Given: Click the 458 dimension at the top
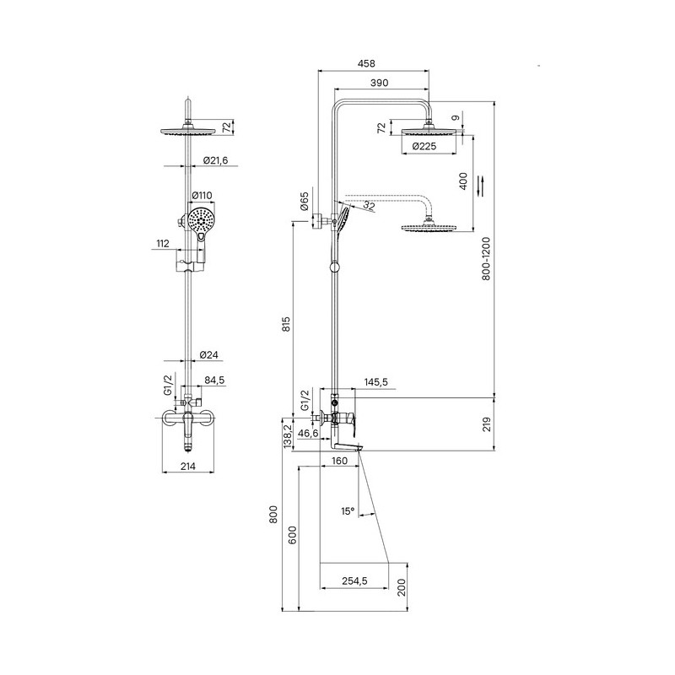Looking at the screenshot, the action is [x=366, y=63].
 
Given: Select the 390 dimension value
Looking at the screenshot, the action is [x=379, y=83].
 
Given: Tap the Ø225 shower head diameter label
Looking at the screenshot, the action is [x=424, y=146].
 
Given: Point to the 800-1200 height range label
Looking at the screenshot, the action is [x=486, y=258].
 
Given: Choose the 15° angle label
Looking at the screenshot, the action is [x=348, y=511].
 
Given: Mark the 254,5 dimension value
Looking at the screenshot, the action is [x=354, y=580].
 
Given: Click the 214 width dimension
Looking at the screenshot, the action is [x=187, y=466].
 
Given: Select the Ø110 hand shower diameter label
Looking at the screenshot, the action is [x=202, y=196].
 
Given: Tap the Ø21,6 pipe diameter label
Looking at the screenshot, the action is [x=215, y=160].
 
